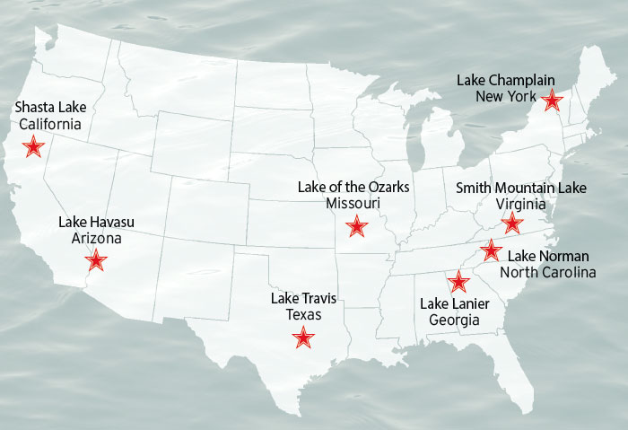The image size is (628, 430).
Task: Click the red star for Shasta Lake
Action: click(34, 146)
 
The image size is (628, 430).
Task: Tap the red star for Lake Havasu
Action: click(96, 261)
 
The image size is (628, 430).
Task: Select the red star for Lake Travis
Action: click(304, 338)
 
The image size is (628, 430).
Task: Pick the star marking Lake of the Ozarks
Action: click(357, 225)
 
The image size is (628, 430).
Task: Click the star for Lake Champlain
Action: click(553, 101)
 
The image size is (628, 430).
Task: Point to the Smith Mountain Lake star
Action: click(511, 223)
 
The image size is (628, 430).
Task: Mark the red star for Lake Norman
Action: click(491, 250)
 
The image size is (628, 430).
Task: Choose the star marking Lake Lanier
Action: click(458, 282)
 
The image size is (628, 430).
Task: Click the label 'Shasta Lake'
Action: click(50, 108)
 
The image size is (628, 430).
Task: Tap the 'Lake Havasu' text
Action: click(96, 222)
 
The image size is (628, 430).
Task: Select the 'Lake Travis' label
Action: click(303, 299)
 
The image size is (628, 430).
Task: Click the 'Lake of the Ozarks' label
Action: click(353, 187)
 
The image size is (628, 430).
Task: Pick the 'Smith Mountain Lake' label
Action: click(520, 188)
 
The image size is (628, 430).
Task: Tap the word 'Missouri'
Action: click(353, 204)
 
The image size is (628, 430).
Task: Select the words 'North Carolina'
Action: click(547, 273)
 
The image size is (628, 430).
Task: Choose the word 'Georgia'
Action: click(454, 320)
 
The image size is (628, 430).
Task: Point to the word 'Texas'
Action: click(303, 315)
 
